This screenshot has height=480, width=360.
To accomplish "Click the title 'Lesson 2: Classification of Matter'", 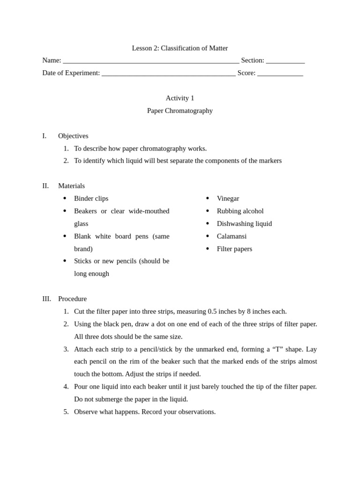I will [180, 48].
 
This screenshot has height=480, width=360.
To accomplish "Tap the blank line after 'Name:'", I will [151, 61].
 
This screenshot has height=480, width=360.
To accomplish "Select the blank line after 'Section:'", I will [285, 61].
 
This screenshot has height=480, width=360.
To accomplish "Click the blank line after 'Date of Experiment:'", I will [168, 74].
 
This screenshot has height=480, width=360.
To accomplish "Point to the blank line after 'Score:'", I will [280, 74].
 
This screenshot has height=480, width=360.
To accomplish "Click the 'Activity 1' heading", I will [180, 98].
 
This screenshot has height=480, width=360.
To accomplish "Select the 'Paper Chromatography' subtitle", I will [180, 111].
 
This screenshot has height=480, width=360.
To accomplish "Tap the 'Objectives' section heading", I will [73, 136].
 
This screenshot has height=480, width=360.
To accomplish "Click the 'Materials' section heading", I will [71, 186].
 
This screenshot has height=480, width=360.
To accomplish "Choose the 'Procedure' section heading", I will [72, 299].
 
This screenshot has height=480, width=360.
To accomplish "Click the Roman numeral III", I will [46, 299].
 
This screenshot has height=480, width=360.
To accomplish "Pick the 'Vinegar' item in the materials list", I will [228, 198].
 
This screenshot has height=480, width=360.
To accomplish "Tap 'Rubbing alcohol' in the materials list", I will [240, 211].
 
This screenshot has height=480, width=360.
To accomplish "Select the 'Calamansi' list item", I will [232, 236].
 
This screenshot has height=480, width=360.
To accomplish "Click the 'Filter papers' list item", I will [234, 249].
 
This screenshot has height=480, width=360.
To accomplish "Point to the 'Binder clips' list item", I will [91, 198].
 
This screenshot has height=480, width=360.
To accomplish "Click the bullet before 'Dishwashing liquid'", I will [207, 224].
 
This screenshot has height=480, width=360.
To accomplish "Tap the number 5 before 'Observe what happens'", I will [66, 412].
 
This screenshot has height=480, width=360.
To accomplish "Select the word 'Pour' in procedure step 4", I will [82, 387].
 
